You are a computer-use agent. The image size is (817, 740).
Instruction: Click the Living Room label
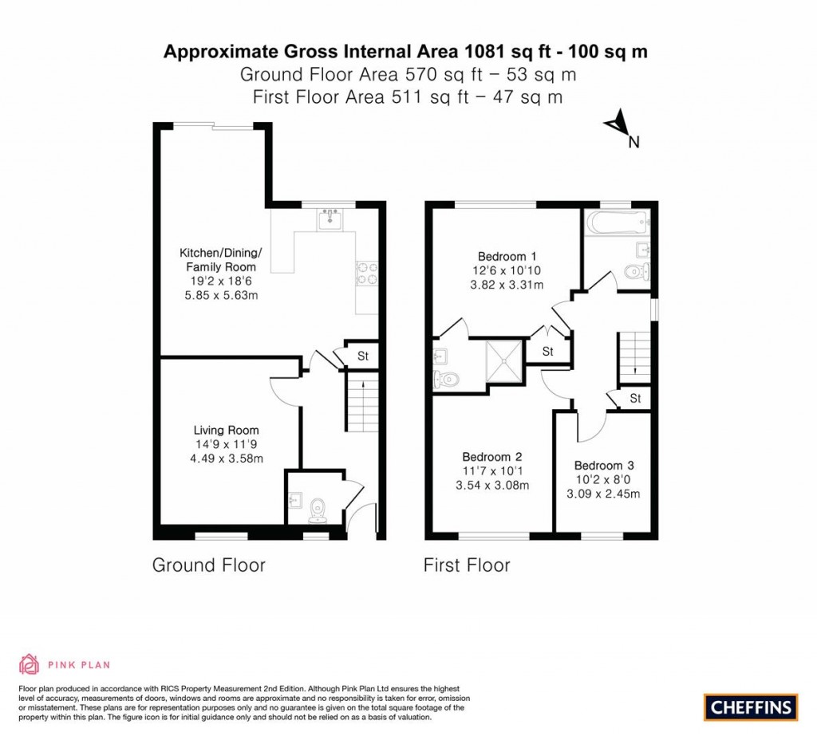tap(226, 430)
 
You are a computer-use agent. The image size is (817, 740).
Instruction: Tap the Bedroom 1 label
tap(507, 256)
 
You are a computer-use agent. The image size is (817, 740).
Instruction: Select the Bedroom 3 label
tap(604, 466)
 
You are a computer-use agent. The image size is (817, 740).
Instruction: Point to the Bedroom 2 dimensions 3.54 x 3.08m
tap(492, 486)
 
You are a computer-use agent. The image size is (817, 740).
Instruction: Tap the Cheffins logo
tap(751, 707)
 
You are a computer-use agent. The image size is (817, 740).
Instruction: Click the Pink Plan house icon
tap(30, 664)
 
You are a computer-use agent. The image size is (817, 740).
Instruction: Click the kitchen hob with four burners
tap(367, 274)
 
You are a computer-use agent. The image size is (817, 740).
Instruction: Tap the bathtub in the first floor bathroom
tap(618, 222)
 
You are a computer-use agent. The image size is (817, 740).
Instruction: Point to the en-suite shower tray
tap(504, 361)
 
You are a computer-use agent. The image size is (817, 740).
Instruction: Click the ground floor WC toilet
tap(317, 510)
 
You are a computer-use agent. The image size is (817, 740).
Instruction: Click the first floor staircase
tap(634, 358)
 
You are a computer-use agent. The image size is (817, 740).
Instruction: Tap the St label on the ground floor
tap(363, 356)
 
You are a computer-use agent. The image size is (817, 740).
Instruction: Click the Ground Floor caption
tap(209, 565)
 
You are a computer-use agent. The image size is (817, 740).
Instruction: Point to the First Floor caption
tap(467, 565)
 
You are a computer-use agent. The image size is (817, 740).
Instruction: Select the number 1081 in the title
tap(484, 52)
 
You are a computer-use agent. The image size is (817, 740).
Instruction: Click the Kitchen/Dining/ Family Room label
tap(221, 260)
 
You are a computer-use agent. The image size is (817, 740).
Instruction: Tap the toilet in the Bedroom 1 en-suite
tap(446, 380)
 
